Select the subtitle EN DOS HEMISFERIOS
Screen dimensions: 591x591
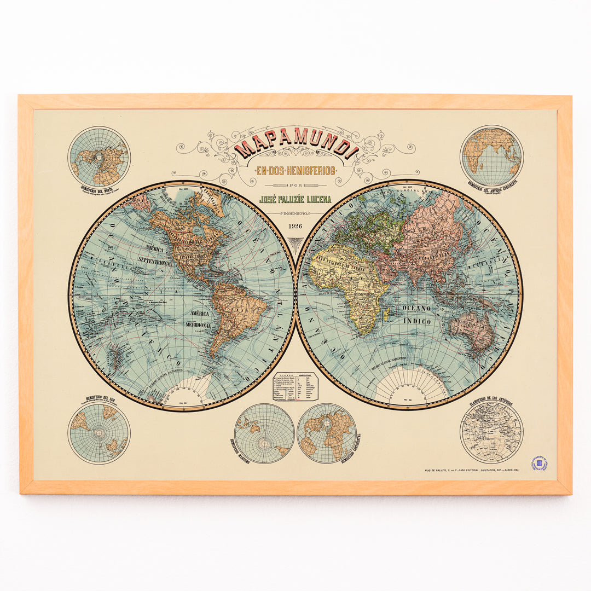pyautogui.click(x=296, y=171)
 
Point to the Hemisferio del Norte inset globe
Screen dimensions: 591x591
pyautogui.click(x=99, y=157)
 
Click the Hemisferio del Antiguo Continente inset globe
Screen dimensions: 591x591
pyautogui.click(x=491, y=156)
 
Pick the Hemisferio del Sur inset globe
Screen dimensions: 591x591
pyautogui.click(x=99, y=433)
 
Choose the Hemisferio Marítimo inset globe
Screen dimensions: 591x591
pyautogui.click(x=264, y=433)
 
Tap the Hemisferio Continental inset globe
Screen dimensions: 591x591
pyautogui.click(x=327, y=433)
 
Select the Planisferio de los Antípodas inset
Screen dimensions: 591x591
pyautogui.click(x=491, y=432)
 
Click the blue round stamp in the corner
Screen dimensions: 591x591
pyautogui.click(x=540, y=464)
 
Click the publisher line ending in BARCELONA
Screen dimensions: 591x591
pyautogui.click(x=472, y=470)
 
